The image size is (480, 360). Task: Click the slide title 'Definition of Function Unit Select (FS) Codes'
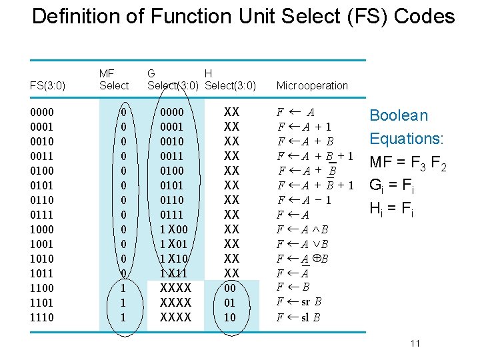click(243, 16)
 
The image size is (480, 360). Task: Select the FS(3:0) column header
click(48, 85)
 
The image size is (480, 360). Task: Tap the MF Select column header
click(113, 79)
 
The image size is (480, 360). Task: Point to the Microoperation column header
click(312, 85)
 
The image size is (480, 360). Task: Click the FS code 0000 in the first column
click(43, 112)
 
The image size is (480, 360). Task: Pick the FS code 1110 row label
click(43, 317)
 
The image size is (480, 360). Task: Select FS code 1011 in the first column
click(43, 273)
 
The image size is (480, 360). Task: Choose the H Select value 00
click(230, 288)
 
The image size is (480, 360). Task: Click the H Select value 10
click(230, 317)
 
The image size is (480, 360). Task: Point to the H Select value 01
click(230, 303)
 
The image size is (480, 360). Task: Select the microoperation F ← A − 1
click(305, 200)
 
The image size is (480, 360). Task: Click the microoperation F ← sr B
click(300, 302)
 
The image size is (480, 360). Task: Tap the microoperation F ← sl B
click(299, 317)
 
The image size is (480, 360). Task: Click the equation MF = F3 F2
click(406, 162)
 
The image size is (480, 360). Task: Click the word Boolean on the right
click(399, 115)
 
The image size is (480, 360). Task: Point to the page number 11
click(415, 343)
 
